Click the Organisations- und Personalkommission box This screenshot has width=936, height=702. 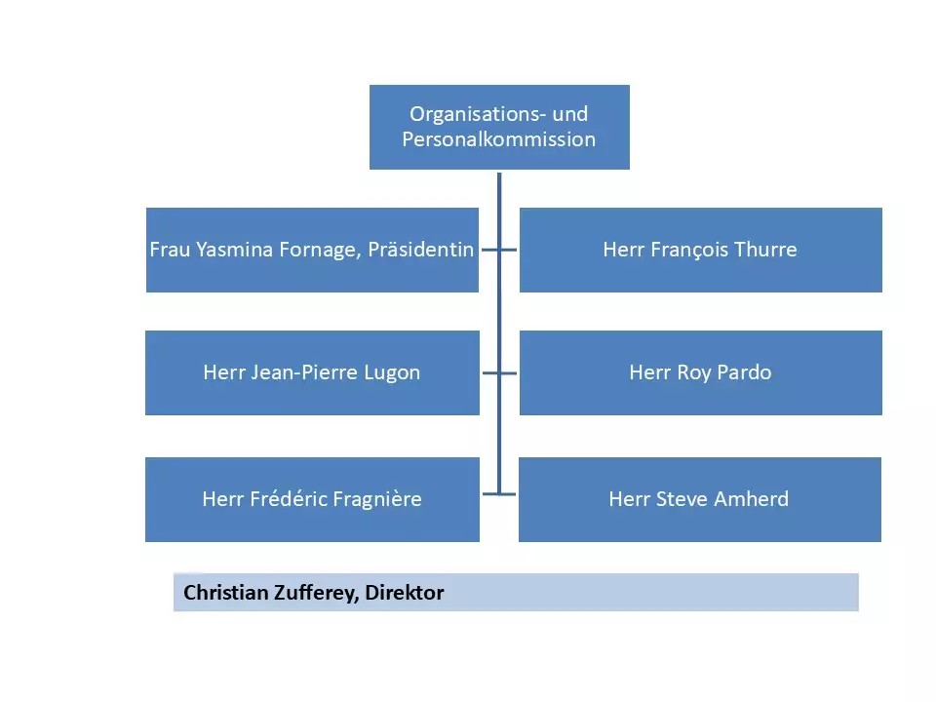(499, 127)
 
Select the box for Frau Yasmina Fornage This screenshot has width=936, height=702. (312, 250)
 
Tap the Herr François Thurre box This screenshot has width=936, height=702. (700, 250)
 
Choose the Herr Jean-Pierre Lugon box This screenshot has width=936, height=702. (312, 372)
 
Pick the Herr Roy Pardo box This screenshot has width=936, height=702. (700, 372)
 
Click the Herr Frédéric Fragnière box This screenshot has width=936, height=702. (312, 499)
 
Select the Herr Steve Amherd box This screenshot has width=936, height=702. (699, 499)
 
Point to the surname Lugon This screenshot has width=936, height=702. (392, 372)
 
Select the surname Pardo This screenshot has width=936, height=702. (743, 372)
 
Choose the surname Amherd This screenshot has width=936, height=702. (754, 499)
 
